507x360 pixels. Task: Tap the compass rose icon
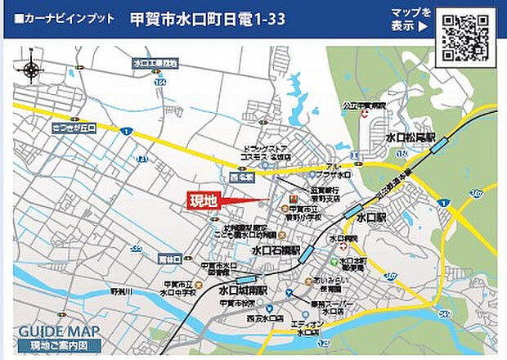[31, 70]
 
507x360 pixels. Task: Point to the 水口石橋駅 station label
[276, 250]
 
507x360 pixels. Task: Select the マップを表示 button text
[411, 19]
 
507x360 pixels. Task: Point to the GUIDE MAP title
[59, 331]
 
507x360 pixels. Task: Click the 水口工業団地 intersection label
[155, 63]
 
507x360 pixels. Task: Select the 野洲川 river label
[121, 291]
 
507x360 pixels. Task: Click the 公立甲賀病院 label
[363, 106]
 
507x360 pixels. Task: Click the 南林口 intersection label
[170, 258]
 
